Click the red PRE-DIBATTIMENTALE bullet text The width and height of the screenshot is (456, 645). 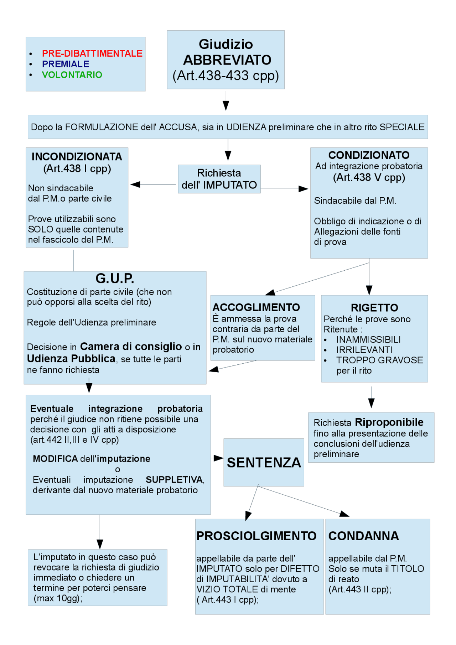tap(92, 53)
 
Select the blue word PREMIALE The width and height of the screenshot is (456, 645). tap(66, 64)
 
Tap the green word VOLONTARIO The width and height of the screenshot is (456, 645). tap(72, 75)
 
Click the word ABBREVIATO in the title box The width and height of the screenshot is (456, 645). tap(227, 60)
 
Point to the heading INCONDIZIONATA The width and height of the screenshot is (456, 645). tap(77, 157)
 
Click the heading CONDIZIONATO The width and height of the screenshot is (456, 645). tap(369, 155)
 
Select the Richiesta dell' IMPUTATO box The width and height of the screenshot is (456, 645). tap(219, 179)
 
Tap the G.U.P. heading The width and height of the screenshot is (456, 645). tap(115, 279)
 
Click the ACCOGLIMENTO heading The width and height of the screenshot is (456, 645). tap(256, 307)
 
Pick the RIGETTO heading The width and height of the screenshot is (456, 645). tap(374, 308)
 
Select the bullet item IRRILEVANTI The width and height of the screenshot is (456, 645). tap(364, 350)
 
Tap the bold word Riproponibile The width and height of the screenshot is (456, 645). tap(389, 422)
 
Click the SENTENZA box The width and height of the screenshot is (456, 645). tap(264, 462)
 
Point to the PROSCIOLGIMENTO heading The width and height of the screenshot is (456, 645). tap(256, 536)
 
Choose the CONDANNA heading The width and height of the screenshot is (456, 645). tap(363, 536)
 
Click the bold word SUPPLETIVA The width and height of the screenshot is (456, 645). tap(175, 480)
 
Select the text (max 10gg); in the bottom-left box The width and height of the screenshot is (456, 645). tap(58, 598)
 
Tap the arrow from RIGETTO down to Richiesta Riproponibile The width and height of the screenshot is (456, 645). tap(371, 397)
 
